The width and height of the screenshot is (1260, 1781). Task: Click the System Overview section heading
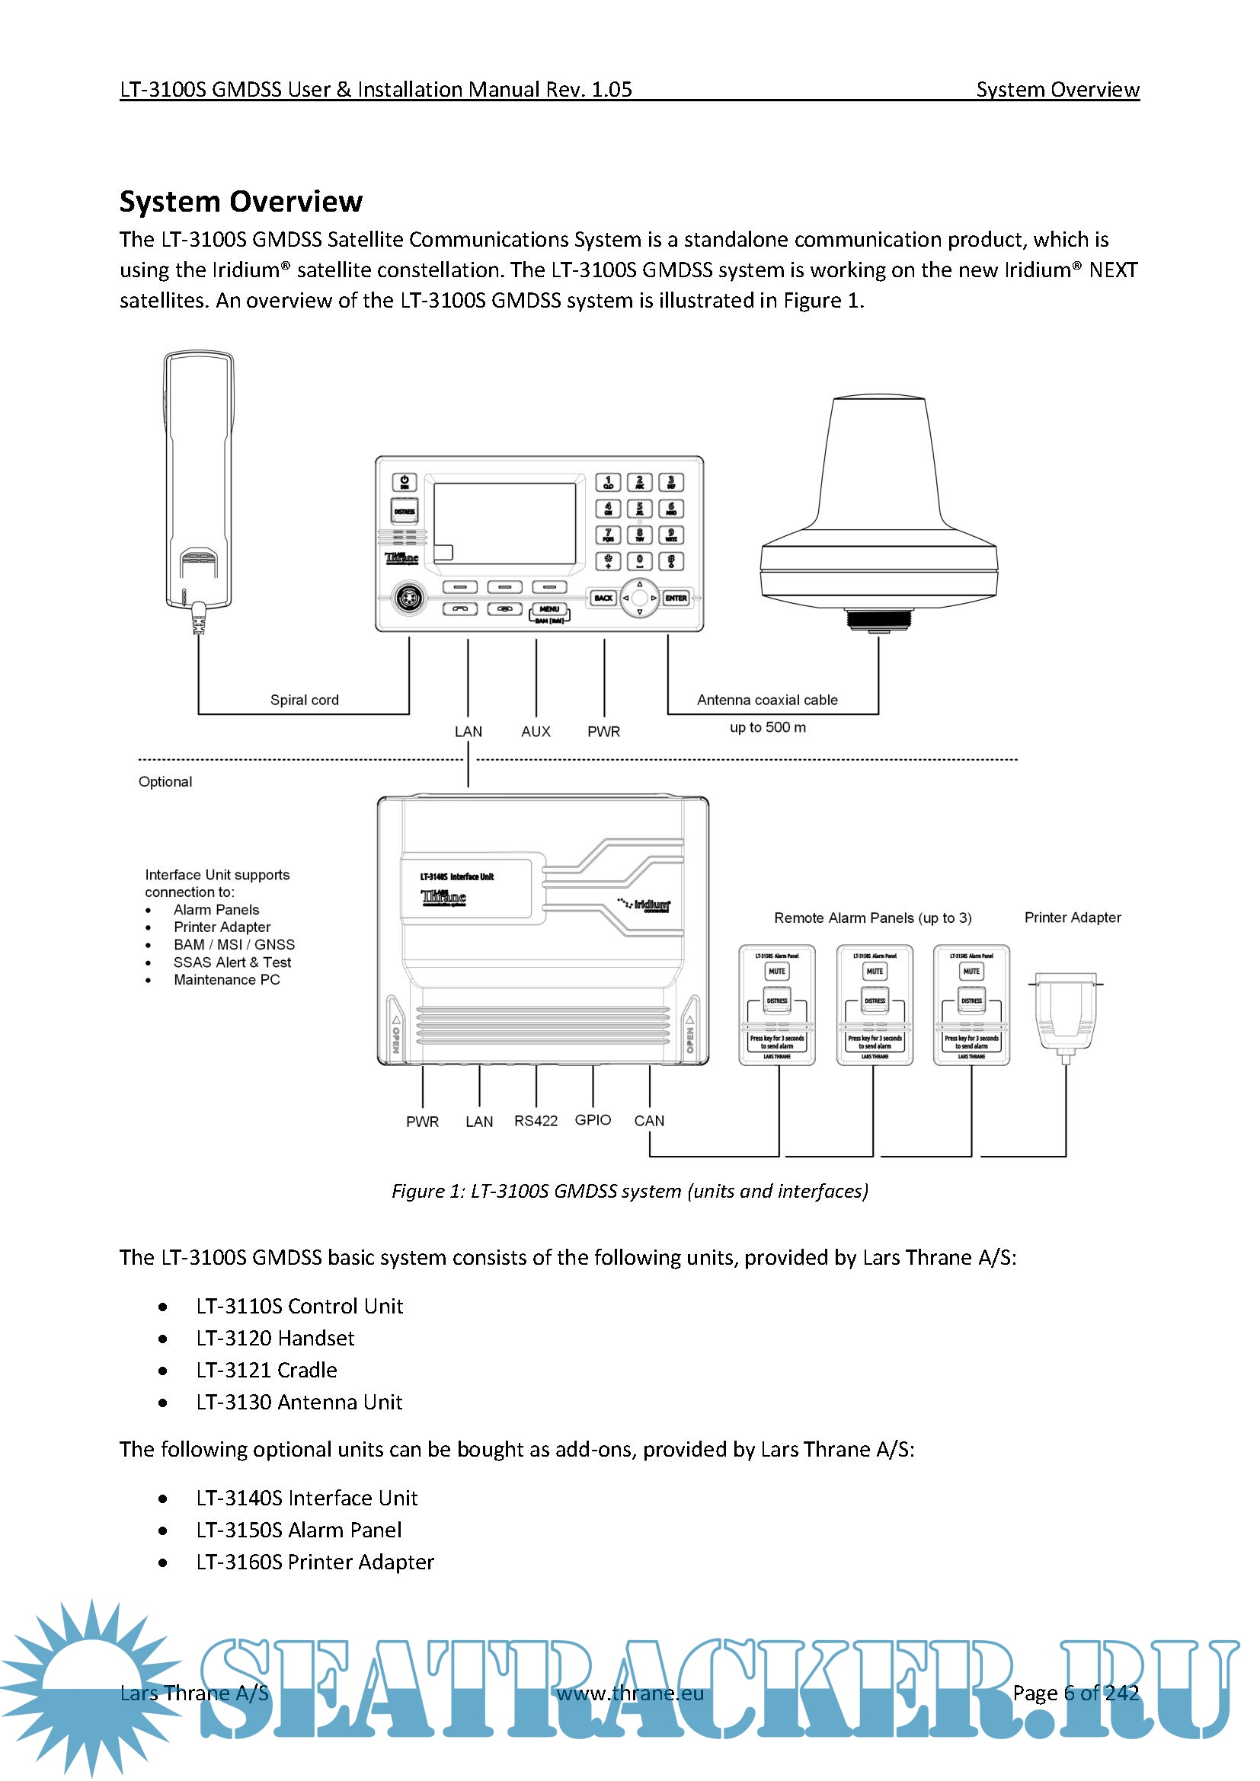click(x=241, y=202)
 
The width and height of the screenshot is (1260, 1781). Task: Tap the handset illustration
click(x=199, y=481)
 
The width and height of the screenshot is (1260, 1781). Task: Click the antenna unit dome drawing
click(x=878, y=504)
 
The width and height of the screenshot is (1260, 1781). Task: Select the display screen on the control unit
click(x=504, y=524)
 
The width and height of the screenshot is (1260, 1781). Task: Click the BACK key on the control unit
click(x=603, y=598)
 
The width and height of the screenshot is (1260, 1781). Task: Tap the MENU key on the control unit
click(x=549, y=610)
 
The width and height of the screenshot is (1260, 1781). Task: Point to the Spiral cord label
click(x=304, y=700)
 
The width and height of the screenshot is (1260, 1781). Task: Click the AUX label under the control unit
click(x=536, y=732)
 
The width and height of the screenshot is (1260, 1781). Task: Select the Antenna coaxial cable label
click(x=766, y=700)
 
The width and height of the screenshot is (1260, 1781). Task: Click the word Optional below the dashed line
click(x=165, y=782)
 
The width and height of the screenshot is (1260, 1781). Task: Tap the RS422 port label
click(x=536, y=1121)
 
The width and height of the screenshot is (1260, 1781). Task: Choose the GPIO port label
click(x=593, y=1120)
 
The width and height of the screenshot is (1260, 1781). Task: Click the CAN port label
click(x=649, y=1121)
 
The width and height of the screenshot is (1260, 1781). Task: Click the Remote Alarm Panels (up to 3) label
click(x=872, y=918)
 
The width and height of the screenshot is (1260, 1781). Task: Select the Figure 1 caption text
click(x=629, y=1191)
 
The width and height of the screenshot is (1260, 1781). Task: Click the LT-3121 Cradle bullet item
click(x=266, y=1371)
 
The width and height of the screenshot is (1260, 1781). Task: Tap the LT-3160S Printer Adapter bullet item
click(x=314, y=1562)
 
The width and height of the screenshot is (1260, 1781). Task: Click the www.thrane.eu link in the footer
click(x=630, y=1693)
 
